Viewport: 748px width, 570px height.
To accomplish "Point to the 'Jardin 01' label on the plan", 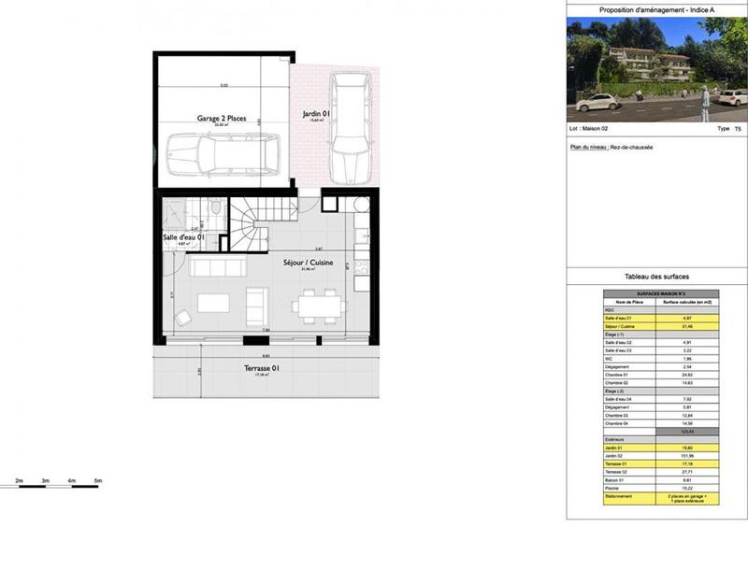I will pyautogui.click(x=314, y=115).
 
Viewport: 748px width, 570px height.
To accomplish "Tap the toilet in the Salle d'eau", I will pyautogui.click(x=216, y=209).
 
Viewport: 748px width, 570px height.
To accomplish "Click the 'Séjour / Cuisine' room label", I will pyautogui.click(x=309, y=263).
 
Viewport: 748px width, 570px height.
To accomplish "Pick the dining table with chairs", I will pyautogui.click(x=318, y=306).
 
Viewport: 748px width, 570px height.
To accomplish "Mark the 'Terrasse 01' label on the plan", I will pyautogui.click(x=263, y=369).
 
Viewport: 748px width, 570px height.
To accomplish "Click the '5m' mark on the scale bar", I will pyautogui.click(x=97, y=480).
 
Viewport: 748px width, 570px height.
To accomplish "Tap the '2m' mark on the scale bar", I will pyautogui.click(x=19, y=480).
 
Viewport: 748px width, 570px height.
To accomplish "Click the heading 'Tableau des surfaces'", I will pyautogui.click(x=656, y=278).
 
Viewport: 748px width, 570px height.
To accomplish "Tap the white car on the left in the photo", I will pyautogui.click(x=597, y=100).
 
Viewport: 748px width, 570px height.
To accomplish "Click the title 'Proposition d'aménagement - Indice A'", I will pyautogui.click(x=656, y=10).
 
